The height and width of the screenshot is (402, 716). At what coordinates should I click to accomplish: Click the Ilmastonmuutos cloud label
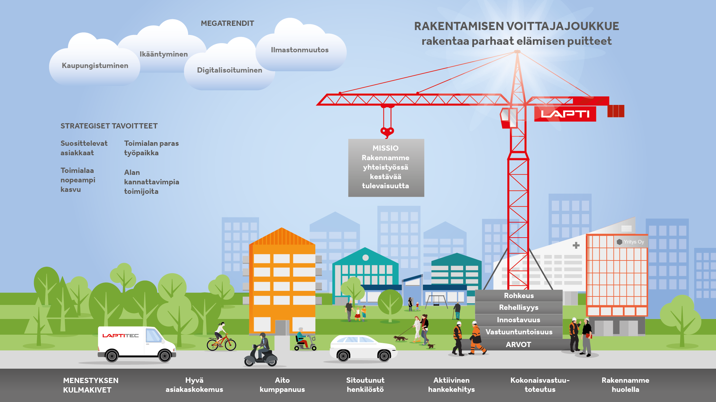300,50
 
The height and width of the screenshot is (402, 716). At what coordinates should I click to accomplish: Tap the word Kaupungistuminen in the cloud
95,66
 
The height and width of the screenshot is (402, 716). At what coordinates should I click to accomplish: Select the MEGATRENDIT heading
227,23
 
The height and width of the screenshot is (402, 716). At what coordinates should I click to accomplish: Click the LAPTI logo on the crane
565,114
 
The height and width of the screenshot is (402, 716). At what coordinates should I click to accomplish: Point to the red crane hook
387,132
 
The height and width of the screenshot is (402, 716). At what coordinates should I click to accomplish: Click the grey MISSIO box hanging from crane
386,168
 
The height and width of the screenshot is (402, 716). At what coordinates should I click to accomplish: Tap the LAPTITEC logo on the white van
120,336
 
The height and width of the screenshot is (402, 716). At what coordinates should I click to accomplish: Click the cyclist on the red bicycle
221,337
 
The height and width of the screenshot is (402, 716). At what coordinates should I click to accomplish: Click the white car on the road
363,348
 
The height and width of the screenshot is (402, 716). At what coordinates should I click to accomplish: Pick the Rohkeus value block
519,295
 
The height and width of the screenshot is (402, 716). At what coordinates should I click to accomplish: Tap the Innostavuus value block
519,320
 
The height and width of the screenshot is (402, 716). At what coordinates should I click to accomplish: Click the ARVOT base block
518,344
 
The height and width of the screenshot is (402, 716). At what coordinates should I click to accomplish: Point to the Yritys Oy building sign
630,242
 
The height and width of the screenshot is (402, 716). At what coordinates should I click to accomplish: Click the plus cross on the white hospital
576,245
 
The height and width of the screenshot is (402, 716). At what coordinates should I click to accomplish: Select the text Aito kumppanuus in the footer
282,385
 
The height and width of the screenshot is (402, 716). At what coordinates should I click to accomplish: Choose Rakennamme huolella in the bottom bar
625,385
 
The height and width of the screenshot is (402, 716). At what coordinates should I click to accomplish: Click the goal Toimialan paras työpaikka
151,148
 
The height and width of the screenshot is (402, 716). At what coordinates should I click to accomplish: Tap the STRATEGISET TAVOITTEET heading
109,126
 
